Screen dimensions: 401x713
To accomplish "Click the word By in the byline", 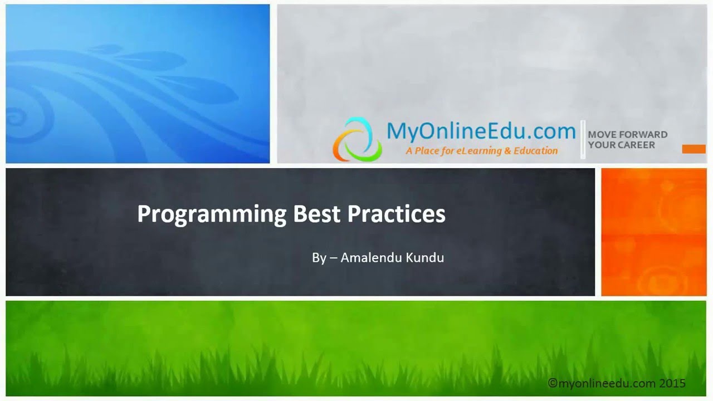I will (319, 258).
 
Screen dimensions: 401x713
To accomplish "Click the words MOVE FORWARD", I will (627, 134).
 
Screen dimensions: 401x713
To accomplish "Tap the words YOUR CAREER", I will (621, 145).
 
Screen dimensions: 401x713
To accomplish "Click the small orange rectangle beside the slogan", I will (694, 149).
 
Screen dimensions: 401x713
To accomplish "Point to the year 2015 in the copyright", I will (672, 383).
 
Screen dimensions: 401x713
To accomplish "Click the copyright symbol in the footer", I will (553, 383).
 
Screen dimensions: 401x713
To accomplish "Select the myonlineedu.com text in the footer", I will (606, 383).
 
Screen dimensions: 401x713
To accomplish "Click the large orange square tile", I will (653, 232).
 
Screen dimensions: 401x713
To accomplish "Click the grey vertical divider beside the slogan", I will (583, 139).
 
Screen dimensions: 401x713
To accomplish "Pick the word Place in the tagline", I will (428, 150).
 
